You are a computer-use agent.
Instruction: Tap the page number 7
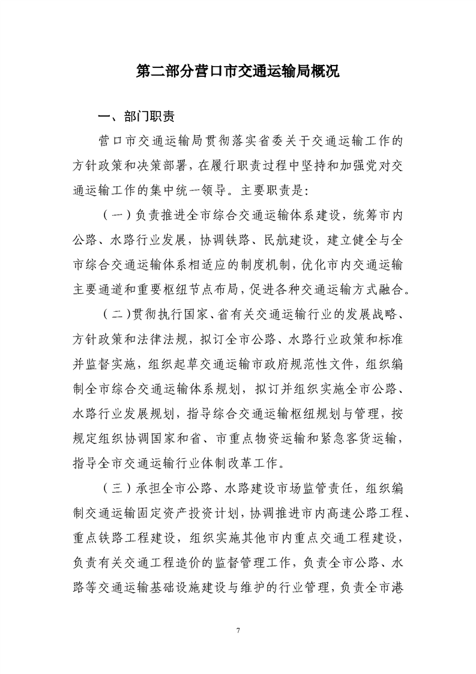[x=238, y=630]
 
